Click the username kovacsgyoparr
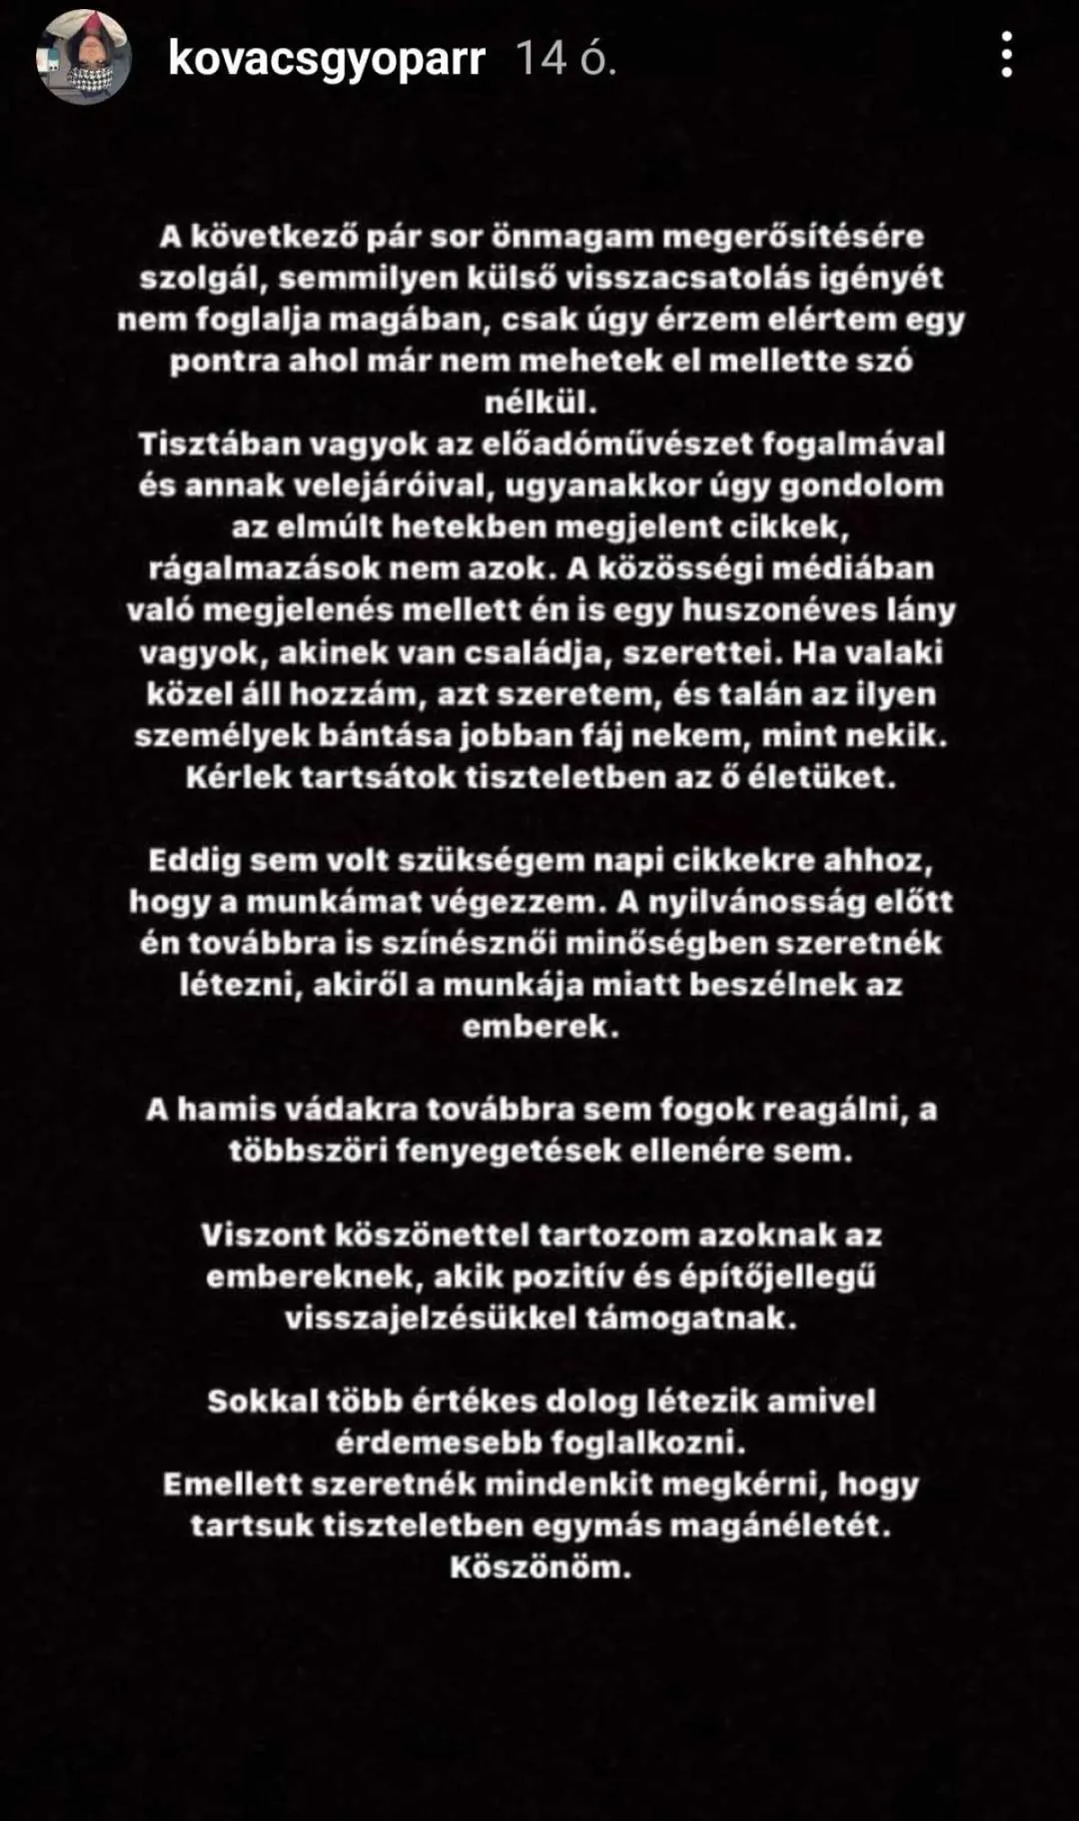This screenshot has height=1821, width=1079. (327, 59)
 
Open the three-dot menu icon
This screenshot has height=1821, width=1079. (1006, 54)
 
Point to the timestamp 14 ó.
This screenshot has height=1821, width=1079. (565, 59)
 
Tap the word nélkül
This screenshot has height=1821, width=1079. (539, 403)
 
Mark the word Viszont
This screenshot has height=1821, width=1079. (261, 1235)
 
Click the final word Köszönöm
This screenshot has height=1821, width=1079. (539, 1567)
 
